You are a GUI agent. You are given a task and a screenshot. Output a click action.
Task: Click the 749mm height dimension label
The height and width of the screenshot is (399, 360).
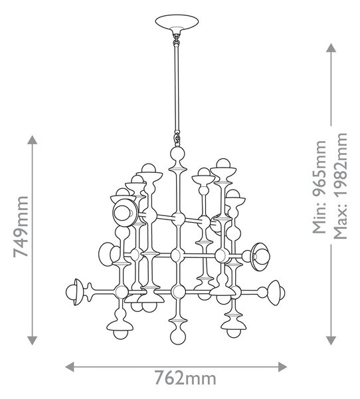click(x=21, y=227)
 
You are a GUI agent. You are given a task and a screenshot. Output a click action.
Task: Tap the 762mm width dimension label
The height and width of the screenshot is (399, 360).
click(x=185, y=378)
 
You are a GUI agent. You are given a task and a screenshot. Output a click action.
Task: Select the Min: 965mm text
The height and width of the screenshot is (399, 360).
click(x=319, y=187)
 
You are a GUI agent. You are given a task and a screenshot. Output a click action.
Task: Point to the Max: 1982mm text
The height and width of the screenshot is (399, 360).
click(x=340, y=186)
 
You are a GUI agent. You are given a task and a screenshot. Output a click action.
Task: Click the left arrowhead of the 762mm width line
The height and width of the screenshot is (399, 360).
click(x=69, y=366)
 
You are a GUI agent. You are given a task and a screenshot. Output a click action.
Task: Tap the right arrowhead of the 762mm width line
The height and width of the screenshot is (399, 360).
click(x=283, y=366)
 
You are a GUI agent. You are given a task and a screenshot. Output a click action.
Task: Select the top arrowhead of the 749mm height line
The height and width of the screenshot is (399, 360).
click(x=33, y=140)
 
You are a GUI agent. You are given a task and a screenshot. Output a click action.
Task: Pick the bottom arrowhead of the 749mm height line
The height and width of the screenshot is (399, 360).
click(x=33, y=340)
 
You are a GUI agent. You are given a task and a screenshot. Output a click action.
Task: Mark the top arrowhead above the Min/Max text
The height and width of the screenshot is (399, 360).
click(x=331, y=48)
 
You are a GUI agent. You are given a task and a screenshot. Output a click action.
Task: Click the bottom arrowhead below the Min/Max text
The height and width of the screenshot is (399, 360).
click(x=331, y=340)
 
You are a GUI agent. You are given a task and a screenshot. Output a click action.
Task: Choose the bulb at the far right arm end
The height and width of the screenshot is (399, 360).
click(x=281, y=293)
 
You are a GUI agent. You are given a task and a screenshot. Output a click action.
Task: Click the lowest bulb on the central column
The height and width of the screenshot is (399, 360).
click(x=177, y=336)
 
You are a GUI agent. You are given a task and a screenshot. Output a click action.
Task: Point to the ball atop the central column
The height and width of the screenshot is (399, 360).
click(x=177, y=154)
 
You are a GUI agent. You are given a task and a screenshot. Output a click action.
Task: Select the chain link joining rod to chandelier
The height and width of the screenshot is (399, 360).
click(x=177, y=138)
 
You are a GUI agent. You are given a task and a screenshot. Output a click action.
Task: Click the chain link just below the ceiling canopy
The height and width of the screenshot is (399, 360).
click(x=176, y=39)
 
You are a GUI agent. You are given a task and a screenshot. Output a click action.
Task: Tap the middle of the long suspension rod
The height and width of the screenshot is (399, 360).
click(x=177, y=88)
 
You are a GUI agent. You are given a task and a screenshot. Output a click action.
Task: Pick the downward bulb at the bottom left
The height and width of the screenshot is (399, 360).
click(x=120, y=334)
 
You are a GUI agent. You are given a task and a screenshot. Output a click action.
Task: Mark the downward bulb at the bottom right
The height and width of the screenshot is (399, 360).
click(x=234, y=333)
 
